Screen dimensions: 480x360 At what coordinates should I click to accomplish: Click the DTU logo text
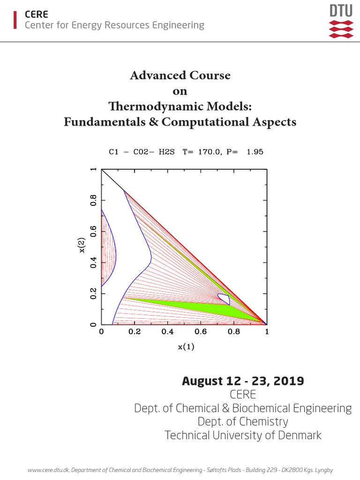341,11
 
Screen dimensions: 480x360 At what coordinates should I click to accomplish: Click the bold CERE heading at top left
36,15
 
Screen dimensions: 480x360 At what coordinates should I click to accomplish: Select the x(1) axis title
186,347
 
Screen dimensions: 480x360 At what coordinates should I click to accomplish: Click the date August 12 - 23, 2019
243,381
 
